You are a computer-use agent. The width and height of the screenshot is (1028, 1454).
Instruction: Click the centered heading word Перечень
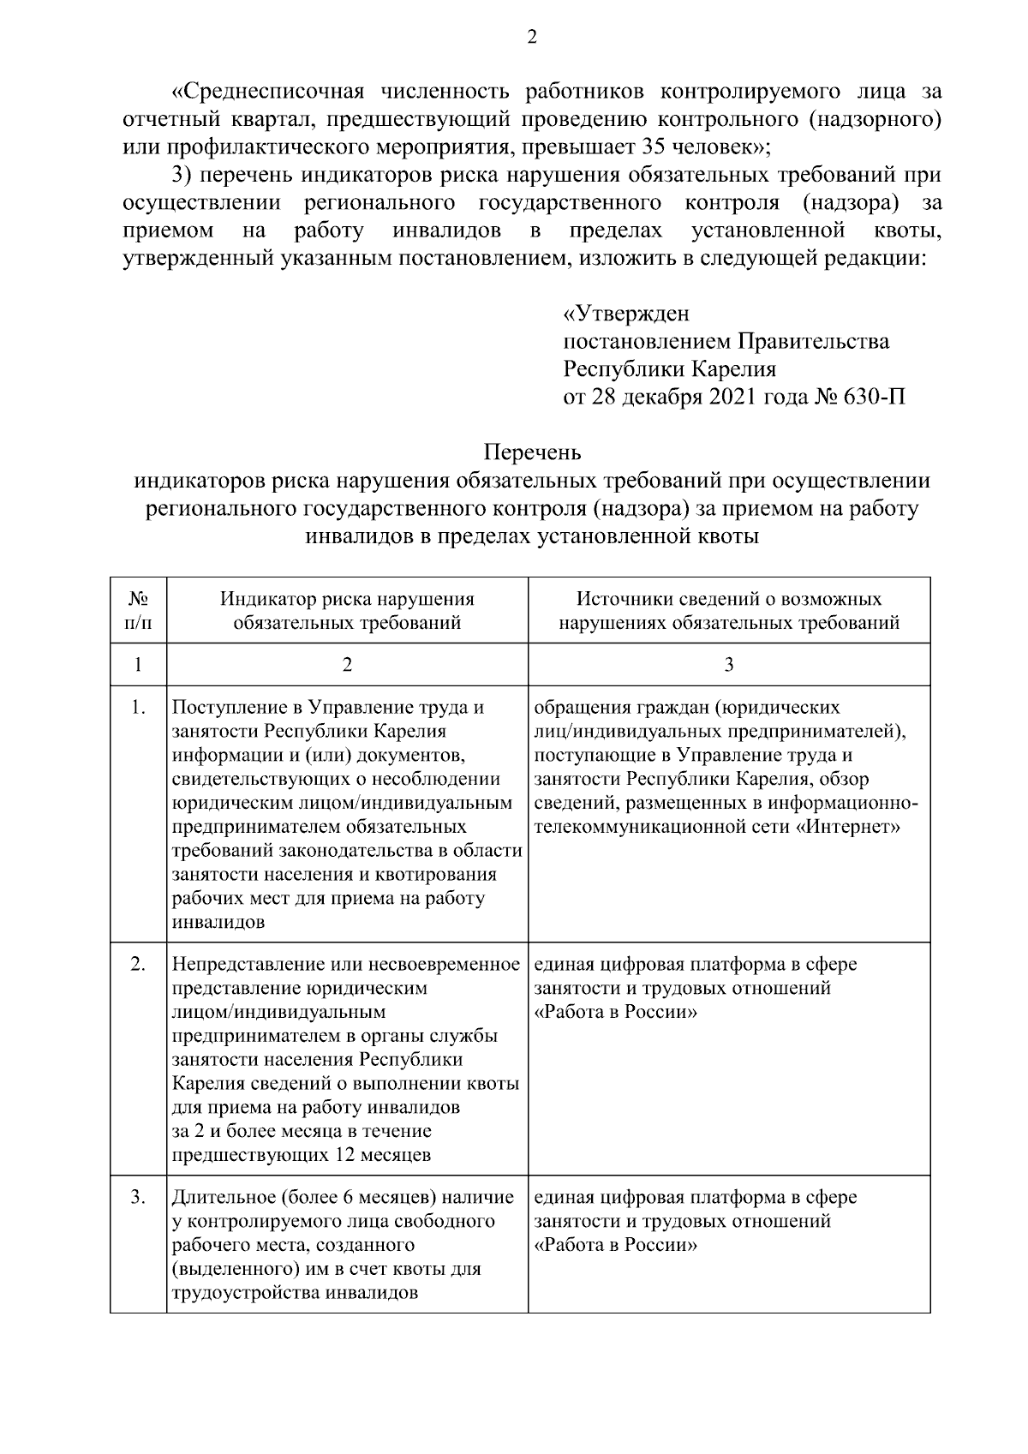point(532,451)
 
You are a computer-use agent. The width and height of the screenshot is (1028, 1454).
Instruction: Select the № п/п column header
point(138,610)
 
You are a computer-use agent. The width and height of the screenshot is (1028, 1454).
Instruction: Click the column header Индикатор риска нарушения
point(347,599)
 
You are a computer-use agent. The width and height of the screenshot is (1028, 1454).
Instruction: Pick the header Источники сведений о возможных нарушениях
point(729,610)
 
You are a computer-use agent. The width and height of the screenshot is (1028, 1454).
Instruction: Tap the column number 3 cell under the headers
point(729,665)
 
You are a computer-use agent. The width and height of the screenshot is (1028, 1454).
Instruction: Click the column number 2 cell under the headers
point(347,665)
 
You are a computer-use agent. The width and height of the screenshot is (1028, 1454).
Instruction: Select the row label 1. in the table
point(138,708)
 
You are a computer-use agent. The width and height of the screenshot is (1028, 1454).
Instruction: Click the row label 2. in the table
point(138,965)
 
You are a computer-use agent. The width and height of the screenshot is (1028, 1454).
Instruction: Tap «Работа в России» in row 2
point(614,1012)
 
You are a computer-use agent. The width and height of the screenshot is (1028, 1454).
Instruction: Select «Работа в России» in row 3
point(614,1245)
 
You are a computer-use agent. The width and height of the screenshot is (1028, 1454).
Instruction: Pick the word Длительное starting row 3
point(221,1198)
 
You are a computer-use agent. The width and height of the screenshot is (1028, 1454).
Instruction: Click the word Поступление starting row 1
point(225,708)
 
